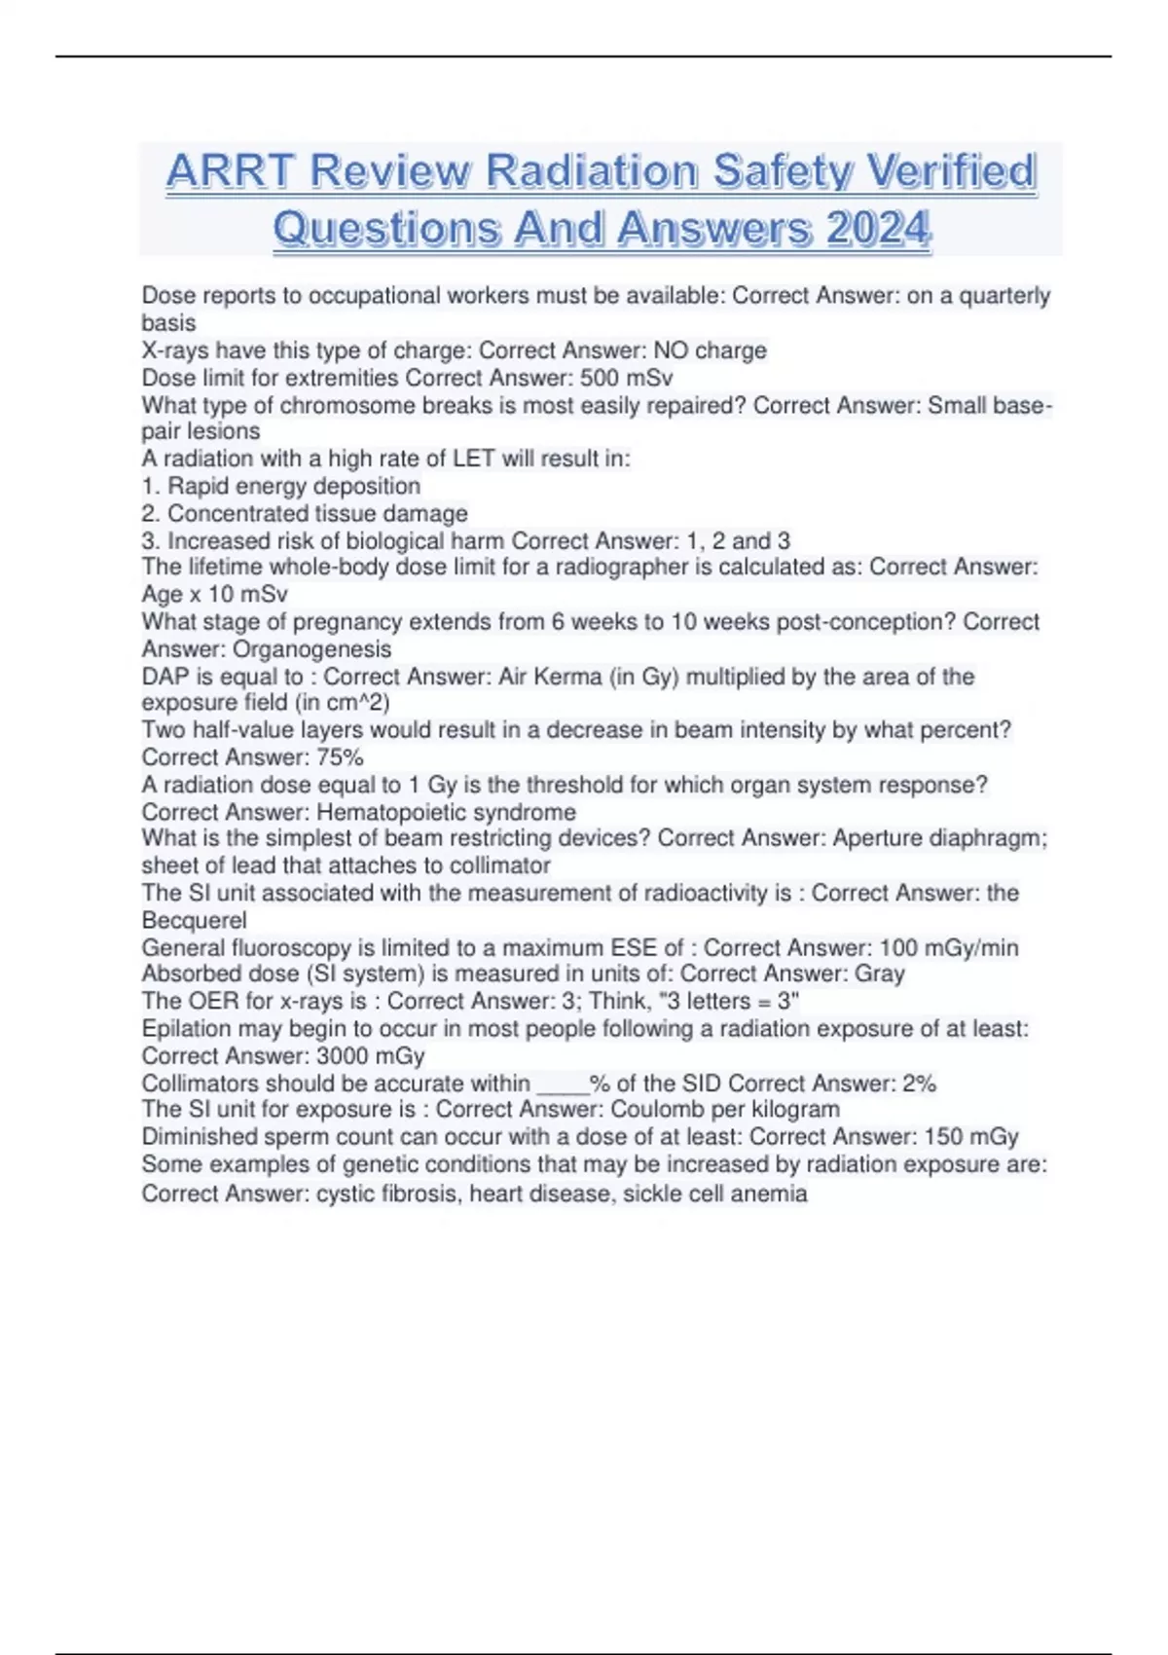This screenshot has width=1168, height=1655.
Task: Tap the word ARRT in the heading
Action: [x=230, y=171]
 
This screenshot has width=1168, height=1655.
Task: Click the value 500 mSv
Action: [x=626, y=378]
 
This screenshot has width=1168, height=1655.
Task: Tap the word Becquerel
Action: [x=194, y=920]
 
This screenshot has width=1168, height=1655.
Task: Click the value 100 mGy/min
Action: [x=949, y=947]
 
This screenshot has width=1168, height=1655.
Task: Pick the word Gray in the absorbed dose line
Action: [x=880, y=974]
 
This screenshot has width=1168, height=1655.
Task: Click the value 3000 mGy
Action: [x=371, y=1056]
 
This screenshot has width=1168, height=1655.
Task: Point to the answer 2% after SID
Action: [x=919, y=1084]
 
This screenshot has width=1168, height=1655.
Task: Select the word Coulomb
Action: [x=657, y=1110]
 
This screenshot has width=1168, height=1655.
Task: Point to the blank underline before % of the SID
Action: [x=562, y=1086]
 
